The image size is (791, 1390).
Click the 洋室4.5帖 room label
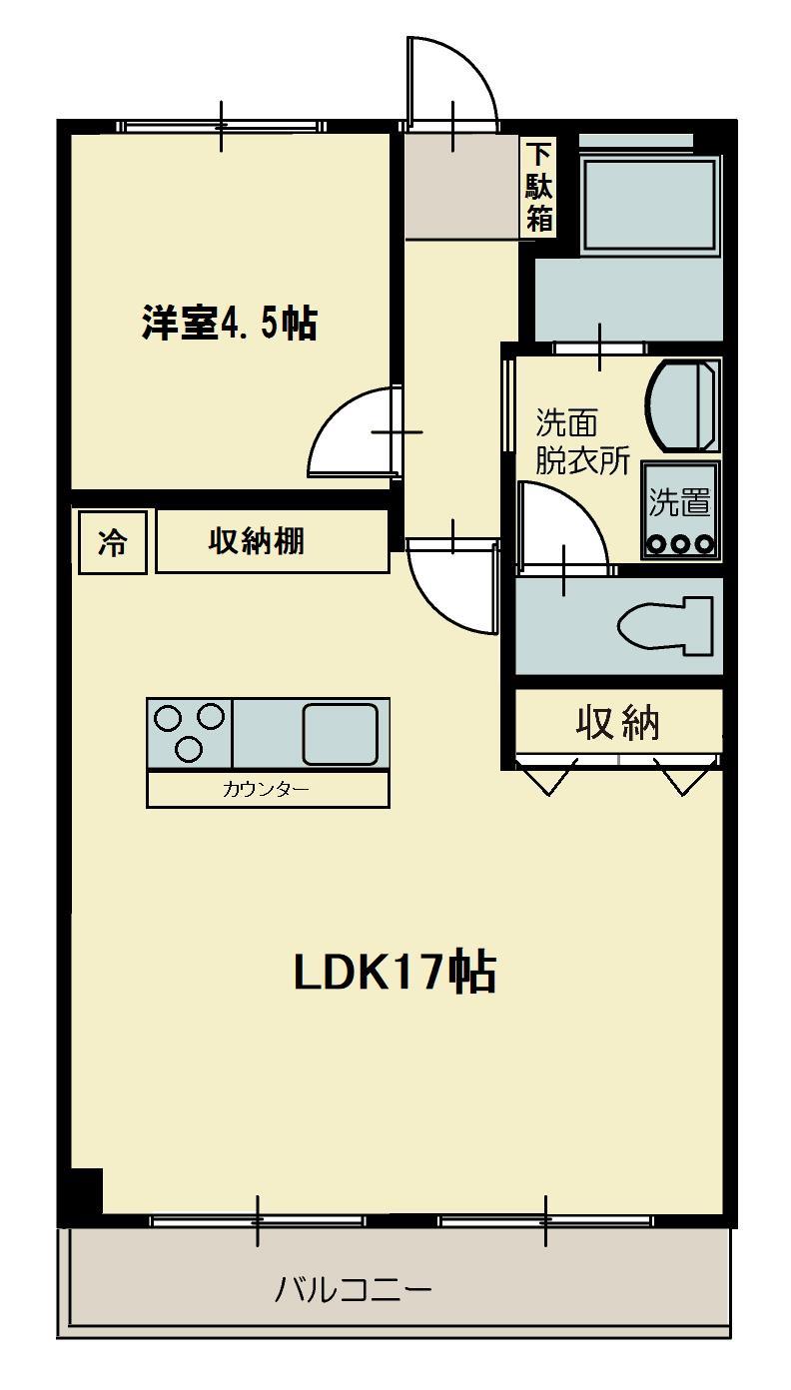click(x=229, y=323)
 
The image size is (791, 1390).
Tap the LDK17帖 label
click(x=395, y=972)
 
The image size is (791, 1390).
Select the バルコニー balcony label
click(x=354, y=1290)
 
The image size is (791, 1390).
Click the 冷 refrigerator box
click(x=112, y=542)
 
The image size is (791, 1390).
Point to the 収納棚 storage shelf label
click(x=257, y=541)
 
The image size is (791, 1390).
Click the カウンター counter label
click(x=266, y=790)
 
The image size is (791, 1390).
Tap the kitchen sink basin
click(x=340, y=733)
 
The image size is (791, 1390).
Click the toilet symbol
click(x=665, y=626)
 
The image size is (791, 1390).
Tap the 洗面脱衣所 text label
click(x=581, y=441)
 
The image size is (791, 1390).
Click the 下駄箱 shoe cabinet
click(x=539, y=187)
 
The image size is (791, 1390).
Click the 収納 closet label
click(x=617, y=721)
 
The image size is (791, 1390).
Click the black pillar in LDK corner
click(x=86, y=1189)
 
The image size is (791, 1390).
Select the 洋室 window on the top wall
click(x=221, y=126)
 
